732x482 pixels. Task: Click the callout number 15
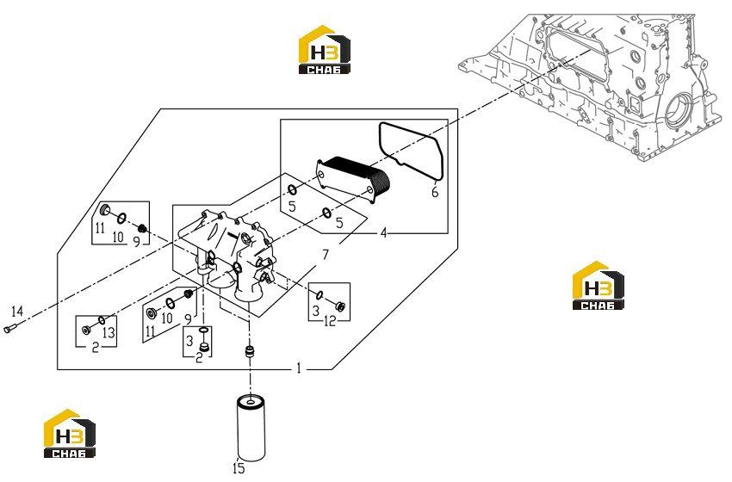tap(238, 468)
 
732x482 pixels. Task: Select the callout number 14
tap(17, 312)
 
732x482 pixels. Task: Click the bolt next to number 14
tap(9, 328)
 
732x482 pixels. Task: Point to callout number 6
tap(435, 192)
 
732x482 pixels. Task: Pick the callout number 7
tap(326, 255)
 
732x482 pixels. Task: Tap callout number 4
tap(384, 232)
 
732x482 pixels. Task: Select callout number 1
tap(299, 368)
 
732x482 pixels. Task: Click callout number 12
tap(330, 320)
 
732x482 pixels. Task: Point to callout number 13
tap(109, 333)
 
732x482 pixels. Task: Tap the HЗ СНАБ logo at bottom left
tap(70, 434)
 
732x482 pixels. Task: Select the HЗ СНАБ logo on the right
tap(598, 285)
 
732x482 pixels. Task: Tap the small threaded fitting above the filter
tap(251, 352)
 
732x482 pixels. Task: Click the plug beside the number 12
tap(340, 306)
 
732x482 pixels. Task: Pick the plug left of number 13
tap(86, 331)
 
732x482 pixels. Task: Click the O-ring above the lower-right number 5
tap(326, 213)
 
